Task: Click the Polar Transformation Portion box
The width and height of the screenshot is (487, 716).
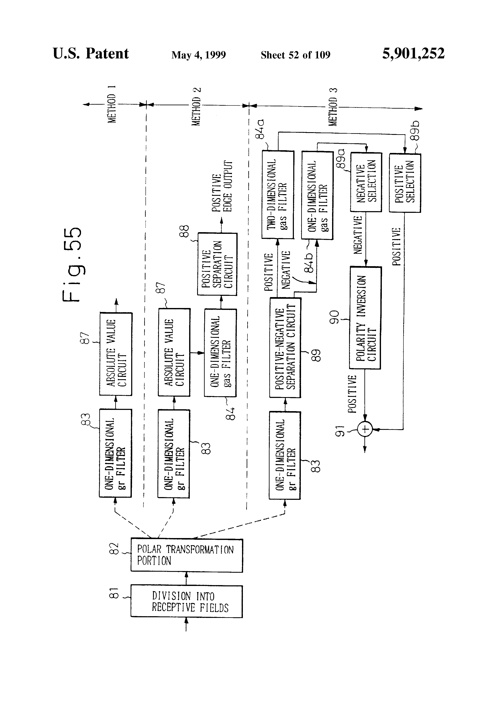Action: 187,555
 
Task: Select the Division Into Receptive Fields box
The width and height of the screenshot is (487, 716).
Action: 187,601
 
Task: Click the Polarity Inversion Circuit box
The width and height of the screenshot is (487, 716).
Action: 365,318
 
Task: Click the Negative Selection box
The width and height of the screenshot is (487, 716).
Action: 366,182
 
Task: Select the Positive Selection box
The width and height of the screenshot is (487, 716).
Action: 405,183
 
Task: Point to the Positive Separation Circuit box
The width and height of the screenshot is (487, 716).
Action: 217,264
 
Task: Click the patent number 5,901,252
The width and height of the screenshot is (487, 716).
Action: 413,54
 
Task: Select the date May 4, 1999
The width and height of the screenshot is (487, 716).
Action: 199,55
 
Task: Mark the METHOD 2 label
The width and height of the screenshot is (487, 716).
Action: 196,107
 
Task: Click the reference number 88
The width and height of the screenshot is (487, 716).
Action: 184,231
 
